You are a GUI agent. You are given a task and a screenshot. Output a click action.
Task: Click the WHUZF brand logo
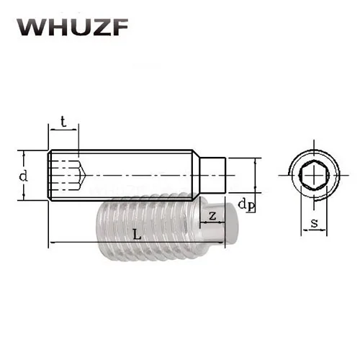click(x=73, y=27)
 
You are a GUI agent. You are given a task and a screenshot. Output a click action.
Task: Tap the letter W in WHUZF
click(x=30, y=27)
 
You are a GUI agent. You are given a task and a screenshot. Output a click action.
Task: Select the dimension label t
click(x=63, y=122)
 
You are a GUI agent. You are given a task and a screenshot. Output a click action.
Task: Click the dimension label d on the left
click(x=23, y=176)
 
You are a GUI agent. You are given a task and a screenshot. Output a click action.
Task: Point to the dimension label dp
click(x=246, y=206)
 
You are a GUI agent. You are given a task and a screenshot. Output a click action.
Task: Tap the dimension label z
click(x=212, y=216)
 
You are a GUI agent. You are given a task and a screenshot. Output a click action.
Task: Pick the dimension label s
click(x=314, y=223)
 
